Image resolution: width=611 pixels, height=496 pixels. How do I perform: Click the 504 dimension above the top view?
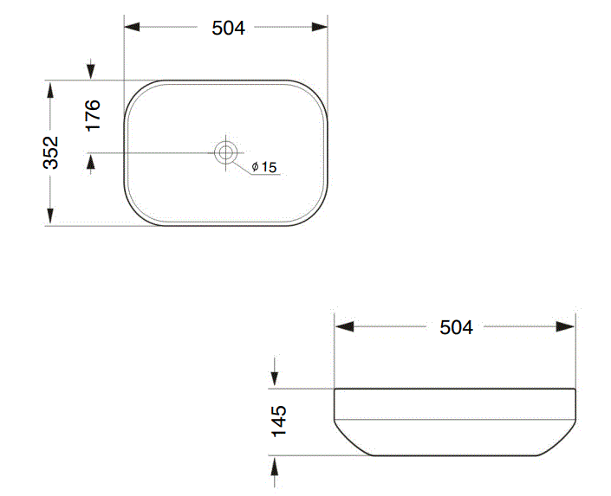point(228,28)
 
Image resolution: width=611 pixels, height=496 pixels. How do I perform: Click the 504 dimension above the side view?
point(457,327)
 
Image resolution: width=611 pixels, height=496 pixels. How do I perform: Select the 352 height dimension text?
point(50,152)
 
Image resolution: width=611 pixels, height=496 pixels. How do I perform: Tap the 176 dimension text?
point(93,115)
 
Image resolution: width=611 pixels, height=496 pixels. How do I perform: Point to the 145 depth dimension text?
point(279,422)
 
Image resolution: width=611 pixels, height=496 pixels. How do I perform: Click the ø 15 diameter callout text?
point(264,167)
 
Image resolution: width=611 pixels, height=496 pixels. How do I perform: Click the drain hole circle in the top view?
point(225,152)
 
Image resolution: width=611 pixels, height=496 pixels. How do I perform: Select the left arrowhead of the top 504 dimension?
point(132,27)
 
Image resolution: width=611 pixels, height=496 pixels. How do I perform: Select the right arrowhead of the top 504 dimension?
point(320,27)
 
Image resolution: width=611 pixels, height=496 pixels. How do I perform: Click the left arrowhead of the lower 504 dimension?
point(344,326)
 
